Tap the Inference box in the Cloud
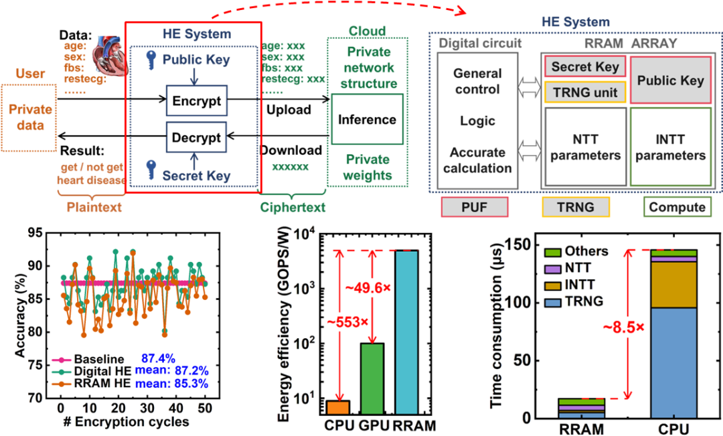[367, 120]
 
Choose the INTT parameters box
[671, 147]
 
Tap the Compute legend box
[677, 208]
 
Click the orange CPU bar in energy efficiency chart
[337, 408]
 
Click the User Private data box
[28, 118]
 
